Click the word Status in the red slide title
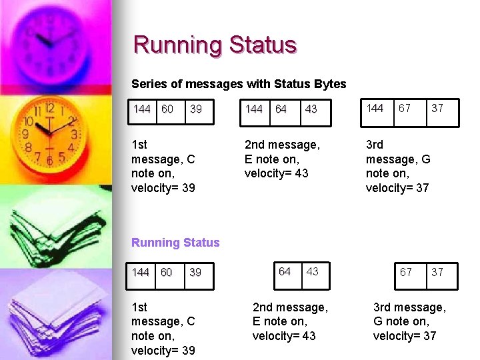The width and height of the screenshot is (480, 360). pyautogui.click(x=263, y=45)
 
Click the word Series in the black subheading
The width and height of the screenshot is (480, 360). pyautogui.click(x=148, y=84)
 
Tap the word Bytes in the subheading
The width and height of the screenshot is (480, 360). pyautogui.click(x=329, y=84)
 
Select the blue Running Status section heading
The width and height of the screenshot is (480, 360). pyautogui.click(x=175, y=243)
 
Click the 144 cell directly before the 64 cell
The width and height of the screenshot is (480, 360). pyautogui.click(x=254, y=109)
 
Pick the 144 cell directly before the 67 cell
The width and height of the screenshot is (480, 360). pyautogui.click(x=375, y=108)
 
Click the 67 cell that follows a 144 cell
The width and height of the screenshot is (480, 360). pyautogui.click(x=405, y=108)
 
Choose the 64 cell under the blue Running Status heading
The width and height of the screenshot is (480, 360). pyautogui.click(x=285, y=271)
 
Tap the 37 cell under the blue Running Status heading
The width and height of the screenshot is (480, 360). pyautogui.click(x=437, y=272)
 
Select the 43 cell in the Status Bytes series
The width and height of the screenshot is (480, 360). pyautogui.click(x=311, y=109)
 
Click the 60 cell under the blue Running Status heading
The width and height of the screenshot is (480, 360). pyautogui.click(x=167, y=272)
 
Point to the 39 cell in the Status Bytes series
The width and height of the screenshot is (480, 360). pyautogui.click(x=196, y=109)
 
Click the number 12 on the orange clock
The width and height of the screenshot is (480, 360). pyautogui.click(x=49, y=108)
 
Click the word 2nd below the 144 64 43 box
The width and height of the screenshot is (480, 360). pyautogui.click(x=257, y=144)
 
